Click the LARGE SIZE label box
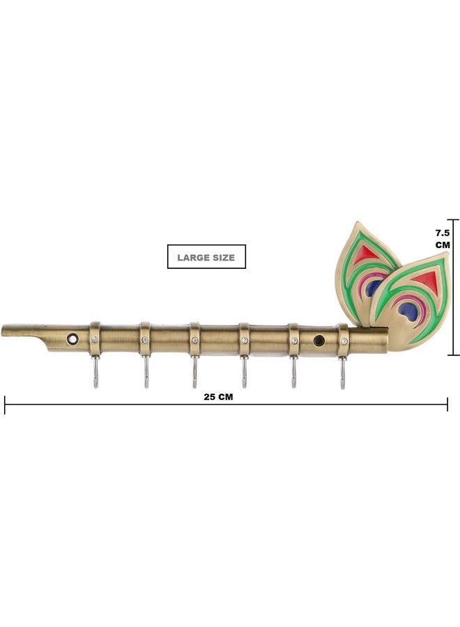pyautogui.click(x=206, y=256)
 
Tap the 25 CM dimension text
pyautogui.click(x=218, y=397)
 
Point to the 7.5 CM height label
pyautogui.click(x=443, y=238)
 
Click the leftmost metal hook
pyautogui.click(x=95, y=372)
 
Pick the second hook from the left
pyautogui.click(x=146, y=372)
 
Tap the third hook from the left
pyautogui.click(x=194, y=372)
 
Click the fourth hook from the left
pyautogui.click(x=244, y=372)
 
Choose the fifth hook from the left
pyautogui.click(x=293, y=372)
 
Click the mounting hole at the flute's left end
pyautogui.click(x=72, y=339)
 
